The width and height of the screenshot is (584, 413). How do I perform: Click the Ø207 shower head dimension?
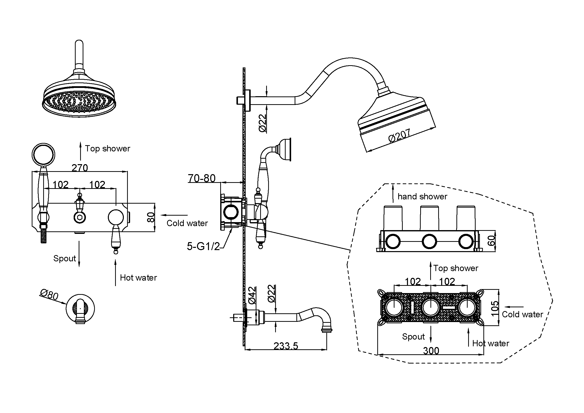399,135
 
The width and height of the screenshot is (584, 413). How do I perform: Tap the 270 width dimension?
80,168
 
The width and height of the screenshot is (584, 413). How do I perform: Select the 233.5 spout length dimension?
286,346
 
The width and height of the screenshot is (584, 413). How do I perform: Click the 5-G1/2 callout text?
203,246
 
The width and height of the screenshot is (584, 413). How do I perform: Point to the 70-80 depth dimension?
202,178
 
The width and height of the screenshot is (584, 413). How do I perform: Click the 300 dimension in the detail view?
431,351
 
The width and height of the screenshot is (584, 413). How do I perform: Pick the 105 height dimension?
494,308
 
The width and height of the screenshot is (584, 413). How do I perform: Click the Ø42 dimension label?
252,295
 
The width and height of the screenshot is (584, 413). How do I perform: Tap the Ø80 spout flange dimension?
49,295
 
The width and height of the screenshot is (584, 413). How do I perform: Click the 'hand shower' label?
422,196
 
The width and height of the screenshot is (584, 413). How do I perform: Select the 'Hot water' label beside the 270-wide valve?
138,278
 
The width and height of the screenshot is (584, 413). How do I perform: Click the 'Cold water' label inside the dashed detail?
522,315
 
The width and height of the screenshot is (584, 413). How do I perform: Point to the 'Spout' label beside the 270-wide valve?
65,259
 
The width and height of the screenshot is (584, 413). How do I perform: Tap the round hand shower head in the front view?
43,154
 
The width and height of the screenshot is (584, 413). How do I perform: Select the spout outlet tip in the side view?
327,330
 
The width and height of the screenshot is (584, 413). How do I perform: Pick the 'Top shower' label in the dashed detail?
456,268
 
